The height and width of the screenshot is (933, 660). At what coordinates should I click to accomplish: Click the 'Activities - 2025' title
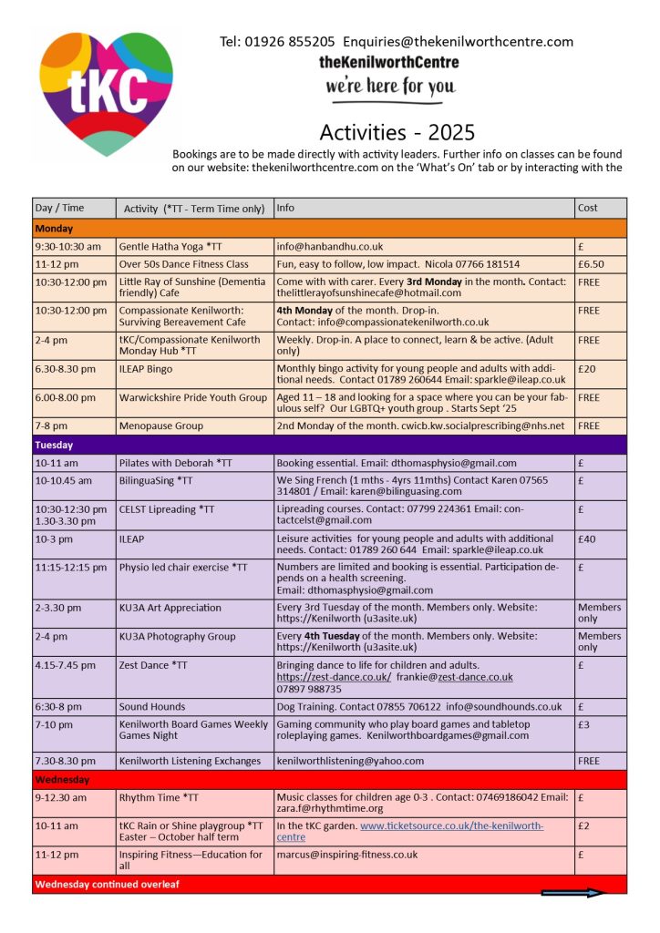397,133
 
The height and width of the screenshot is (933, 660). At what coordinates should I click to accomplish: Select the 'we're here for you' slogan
389,87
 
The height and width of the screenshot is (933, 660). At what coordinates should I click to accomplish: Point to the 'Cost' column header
588,208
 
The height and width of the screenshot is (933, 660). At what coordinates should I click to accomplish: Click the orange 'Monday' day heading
55,229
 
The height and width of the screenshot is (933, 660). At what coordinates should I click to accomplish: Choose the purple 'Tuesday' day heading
55,446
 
